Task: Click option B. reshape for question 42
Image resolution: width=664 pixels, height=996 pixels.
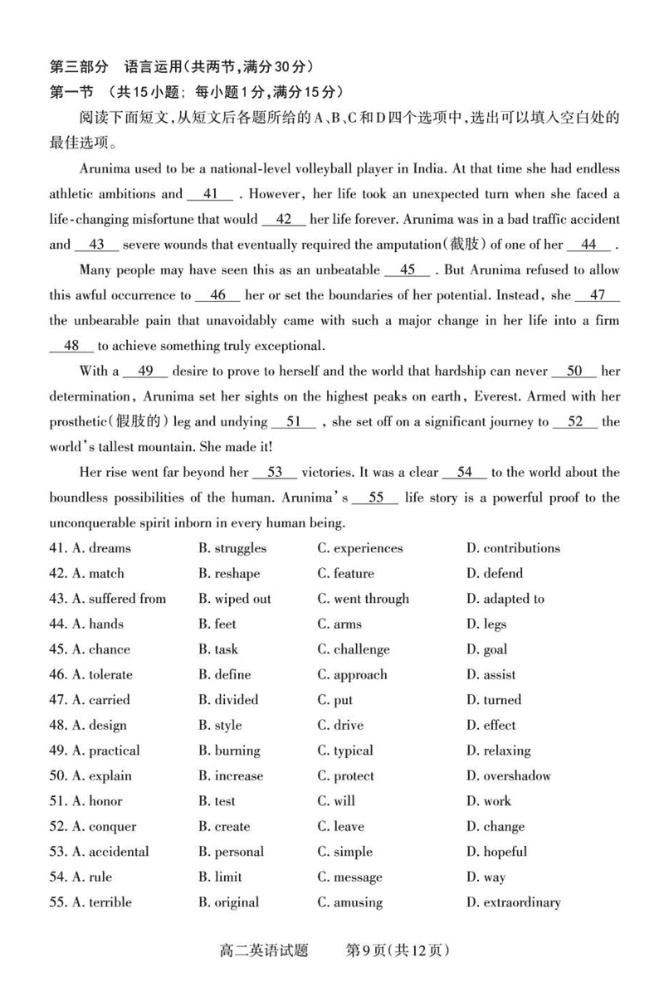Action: click(x=229, y=574)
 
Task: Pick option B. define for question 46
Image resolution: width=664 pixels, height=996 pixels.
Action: click(x=224, y=675)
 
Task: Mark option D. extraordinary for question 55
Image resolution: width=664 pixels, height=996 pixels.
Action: click(x=513, y=902)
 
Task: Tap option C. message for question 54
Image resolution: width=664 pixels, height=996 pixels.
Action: click(x=349, y=877)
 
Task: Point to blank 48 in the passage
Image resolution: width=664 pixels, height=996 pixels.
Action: click(x=71, y=346)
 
